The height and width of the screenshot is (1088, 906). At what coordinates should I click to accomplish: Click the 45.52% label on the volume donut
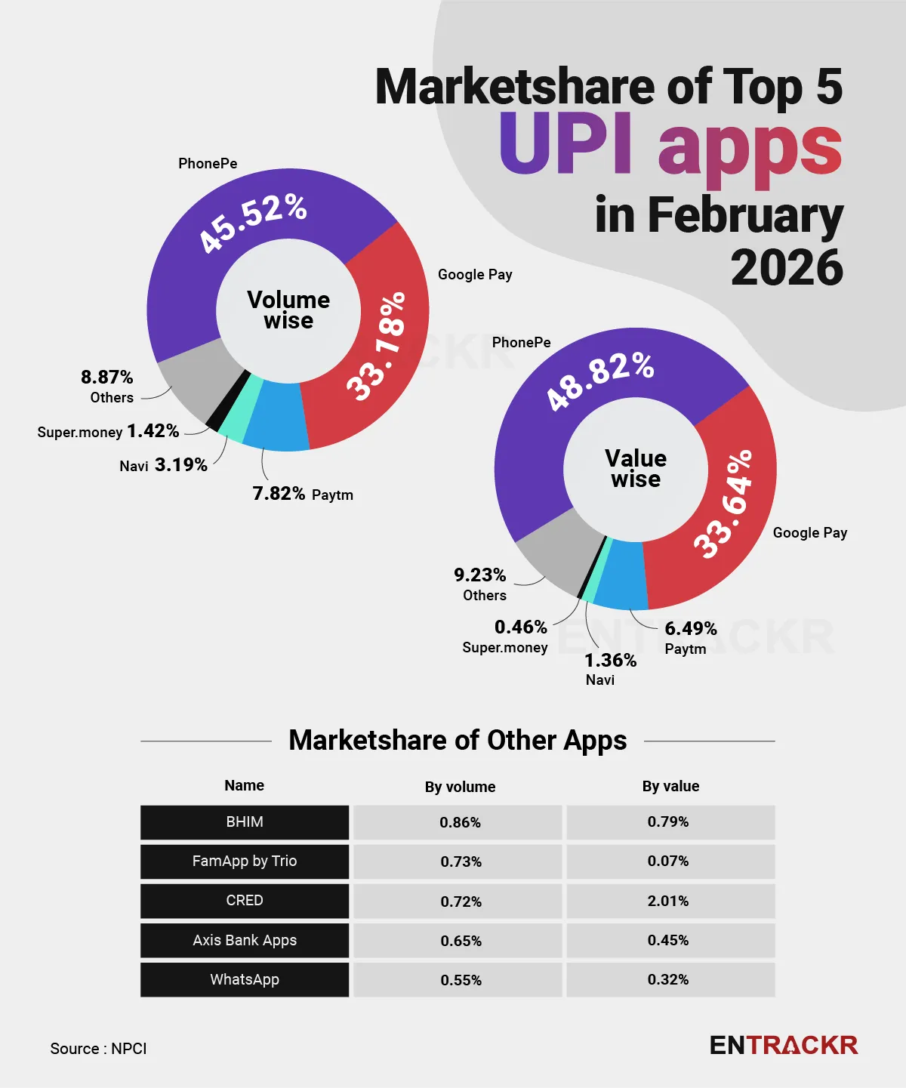pos(252,222)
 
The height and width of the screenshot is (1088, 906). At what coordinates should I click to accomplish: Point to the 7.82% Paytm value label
pos(279,494)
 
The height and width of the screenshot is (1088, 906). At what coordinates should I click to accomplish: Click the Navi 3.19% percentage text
pos(181,465)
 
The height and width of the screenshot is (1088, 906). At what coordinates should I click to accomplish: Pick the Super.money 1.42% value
pos(153,431)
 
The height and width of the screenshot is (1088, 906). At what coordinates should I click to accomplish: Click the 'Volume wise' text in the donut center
pos(288,310)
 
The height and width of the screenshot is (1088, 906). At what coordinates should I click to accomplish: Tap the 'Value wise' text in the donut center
pos(636,469)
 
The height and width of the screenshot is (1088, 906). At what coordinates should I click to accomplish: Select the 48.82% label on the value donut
pos(600,381)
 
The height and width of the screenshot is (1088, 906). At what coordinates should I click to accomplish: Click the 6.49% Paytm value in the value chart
pos(691,629)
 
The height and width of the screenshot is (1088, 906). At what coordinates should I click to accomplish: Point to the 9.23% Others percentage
pos(480,575)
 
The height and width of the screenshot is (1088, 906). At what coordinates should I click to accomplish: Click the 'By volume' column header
pos(460,787)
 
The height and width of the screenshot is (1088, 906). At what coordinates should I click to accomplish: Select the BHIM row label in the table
pos(245,822)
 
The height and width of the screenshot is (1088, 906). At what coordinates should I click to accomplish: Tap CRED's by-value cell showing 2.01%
pos(668,901)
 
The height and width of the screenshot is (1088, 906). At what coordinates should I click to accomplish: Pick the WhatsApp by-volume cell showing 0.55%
pos(461,980)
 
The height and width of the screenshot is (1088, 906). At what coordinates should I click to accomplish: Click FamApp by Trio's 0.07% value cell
pos(668,861)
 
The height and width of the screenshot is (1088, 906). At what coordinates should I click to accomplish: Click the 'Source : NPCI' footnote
pos(98,1049)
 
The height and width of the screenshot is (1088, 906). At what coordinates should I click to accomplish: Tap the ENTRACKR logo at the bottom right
pos(784,1046)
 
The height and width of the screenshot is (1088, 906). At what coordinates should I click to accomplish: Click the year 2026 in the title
pos(787,268)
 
